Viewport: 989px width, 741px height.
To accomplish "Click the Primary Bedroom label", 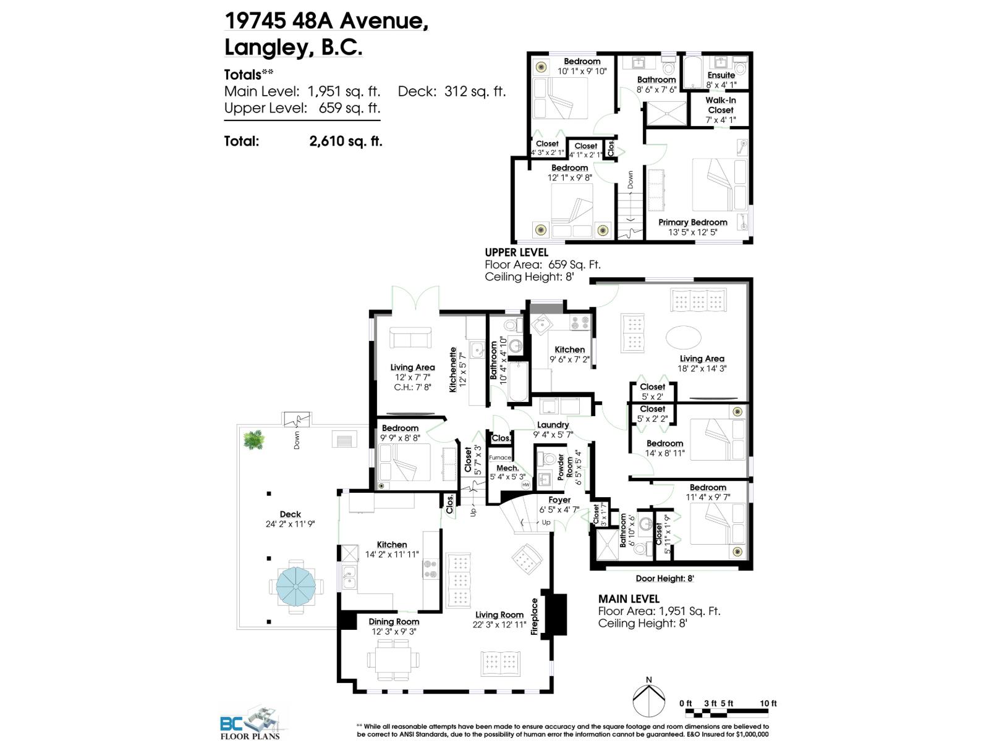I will click(692, 222).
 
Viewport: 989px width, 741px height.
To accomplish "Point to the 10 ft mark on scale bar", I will click(768, 703).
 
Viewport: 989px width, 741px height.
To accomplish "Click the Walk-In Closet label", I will click(721, 105).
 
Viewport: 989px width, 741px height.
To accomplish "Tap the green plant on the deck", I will click(253, 440).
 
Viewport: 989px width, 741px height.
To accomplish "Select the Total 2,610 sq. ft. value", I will click(346, 141).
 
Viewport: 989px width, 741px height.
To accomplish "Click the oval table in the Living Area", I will click(684, 337).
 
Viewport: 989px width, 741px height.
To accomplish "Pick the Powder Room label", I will click(561, 467).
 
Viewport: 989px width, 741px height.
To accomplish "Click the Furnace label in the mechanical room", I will click(500, 458).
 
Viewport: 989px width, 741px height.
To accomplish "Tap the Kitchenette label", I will click(453, 369).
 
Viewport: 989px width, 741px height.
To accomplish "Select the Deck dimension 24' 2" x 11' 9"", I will click(290, 524).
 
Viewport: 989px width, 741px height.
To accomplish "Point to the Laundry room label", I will click(553, 425).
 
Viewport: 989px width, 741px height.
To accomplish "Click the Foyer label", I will click(559, 500).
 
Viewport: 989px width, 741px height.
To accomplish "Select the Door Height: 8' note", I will click(664, 579).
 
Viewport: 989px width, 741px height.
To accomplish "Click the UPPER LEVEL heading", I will click(516, 253).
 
